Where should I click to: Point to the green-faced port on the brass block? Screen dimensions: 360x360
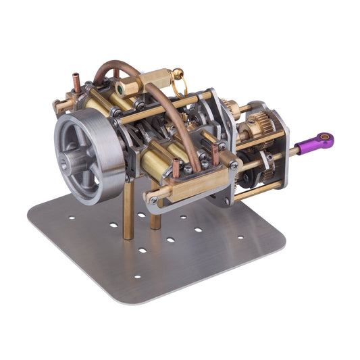tap(120, 86)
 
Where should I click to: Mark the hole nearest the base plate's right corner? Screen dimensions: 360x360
tap(241, 237)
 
